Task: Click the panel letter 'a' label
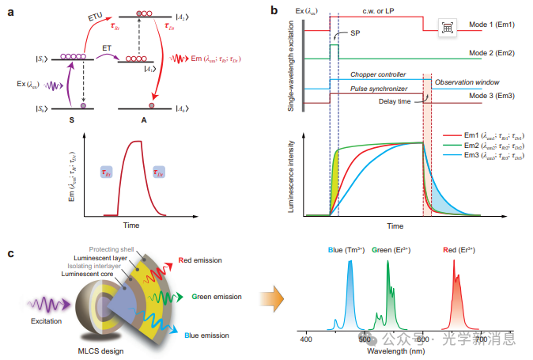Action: tap(10, 10)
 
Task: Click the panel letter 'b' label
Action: tap(273, 10)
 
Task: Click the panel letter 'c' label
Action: tap(9, 252)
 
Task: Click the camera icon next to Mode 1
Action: tap(447, 27)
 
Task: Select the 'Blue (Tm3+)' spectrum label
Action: tap(346, 250)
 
